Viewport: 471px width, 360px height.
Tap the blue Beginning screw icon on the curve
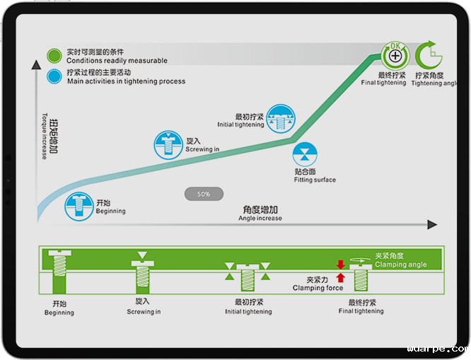[x=79, y=206]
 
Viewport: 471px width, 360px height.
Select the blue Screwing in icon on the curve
[x=168, y=144]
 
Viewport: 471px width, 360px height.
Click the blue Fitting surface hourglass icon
[x=306, y=154]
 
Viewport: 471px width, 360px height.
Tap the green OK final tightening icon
[x=395, y=55]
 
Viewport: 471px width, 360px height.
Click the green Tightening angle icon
[x=428, y=55]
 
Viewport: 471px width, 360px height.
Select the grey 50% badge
[x=204, y=194]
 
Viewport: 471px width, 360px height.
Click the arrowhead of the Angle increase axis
[x=432, y=225]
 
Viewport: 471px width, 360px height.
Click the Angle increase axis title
[x=260, y=213]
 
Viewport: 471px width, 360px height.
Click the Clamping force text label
[x=318, y=284]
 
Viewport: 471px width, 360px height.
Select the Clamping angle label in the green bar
[x=400, y=260]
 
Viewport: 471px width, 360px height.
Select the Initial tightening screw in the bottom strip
[x=248, y=277]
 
